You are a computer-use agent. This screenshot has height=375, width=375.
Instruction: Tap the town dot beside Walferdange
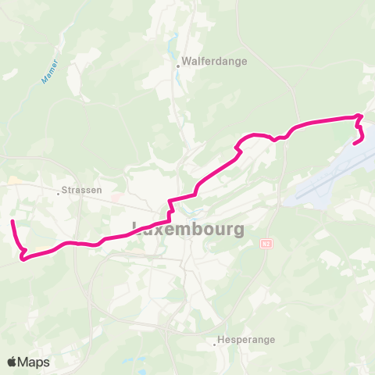[177, 66]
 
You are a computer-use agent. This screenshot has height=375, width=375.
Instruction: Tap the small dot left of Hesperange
[215, 342]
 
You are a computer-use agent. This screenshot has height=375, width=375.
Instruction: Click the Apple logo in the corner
[12, 362]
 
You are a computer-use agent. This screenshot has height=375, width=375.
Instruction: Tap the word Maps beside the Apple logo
[34, 362]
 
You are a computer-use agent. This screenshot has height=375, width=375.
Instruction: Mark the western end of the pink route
[12, 223]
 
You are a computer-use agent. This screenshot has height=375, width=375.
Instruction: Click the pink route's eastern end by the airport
[355, 143]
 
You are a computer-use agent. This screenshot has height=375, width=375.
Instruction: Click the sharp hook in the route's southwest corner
[22, 257]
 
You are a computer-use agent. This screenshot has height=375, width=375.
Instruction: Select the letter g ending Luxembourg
[237, 231]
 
